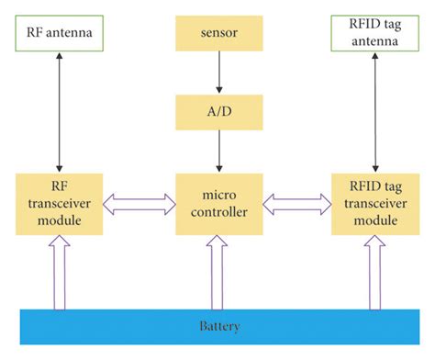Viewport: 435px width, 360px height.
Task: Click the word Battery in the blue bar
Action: pos(217,327)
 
